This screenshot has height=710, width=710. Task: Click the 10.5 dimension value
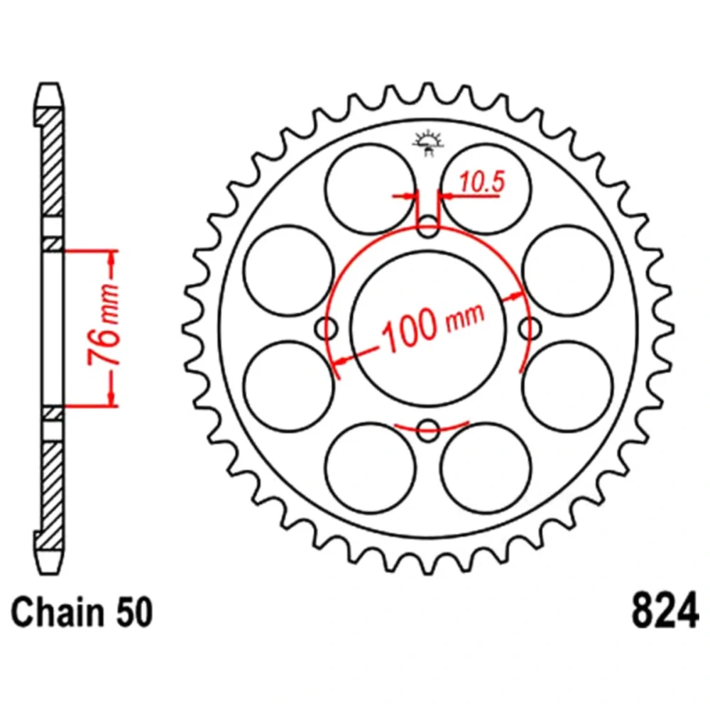pos(482,182)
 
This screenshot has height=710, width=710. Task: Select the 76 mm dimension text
pos(104,324)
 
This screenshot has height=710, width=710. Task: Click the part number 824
pos(665,611)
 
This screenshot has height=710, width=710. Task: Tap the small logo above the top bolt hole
pos(428,143)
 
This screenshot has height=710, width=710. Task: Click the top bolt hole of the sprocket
pos(428,226)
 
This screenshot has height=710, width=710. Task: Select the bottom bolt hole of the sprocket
pos(428,430)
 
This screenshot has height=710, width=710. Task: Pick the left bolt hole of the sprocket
pos(326,328)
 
